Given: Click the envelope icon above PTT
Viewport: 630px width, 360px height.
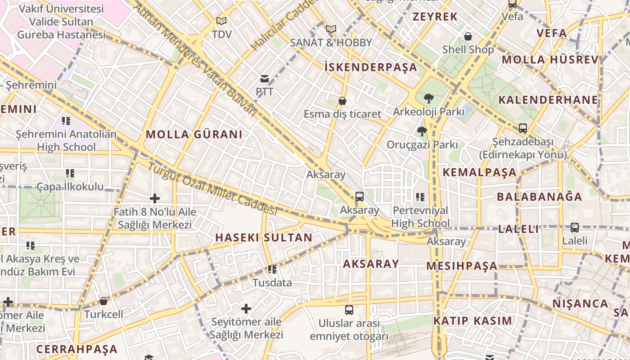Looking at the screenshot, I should tap(265, 79).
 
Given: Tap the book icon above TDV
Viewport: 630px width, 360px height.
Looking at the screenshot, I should tap(221, 21).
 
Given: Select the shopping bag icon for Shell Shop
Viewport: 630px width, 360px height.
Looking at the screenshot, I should tap(468, 36).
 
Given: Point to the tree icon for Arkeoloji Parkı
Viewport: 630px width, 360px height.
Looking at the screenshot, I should tap(428, 98).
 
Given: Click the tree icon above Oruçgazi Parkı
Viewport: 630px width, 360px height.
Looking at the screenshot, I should tap(422, 131).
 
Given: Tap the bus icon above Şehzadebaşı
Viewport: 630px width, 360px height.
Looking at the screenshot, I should tap(522, 128).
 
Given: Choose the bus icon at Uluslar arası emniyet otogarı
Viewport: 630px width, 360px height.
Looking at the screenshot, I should tap(349, 310).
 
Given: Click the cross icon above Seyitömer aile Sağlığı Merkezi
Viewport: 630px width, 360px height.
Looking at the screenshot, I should tap(246, 309).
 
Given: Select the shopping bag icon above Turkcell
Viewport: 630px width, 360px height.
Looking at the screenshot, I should tap(103, 301).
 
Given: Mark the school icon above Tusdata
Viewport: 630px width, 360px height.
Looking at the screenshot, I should tap(272, 270).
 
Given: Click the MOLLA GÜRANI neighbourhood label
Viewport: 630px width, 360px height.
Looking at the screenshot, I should tap(194, 134).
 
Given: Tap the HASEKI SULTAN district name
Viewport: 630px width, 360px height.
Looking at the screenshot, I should tap(264, 238).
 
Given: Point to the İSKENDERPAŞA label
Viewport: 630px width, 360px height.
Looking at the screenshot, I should tap(371, 67).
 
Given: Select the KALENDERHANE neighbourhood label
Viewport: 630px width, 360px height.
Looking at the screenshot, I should tap(548, 100).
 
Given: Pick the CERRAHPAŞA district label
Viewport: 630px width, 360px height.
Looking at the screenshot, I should tap(77, 349).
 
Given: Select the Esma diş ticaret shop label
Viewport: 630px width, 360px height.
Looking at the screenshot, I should tap(342, 114).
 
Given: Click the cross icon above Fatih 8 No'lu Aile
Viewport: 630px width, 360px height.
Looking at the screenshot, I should tap(155, 198).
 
